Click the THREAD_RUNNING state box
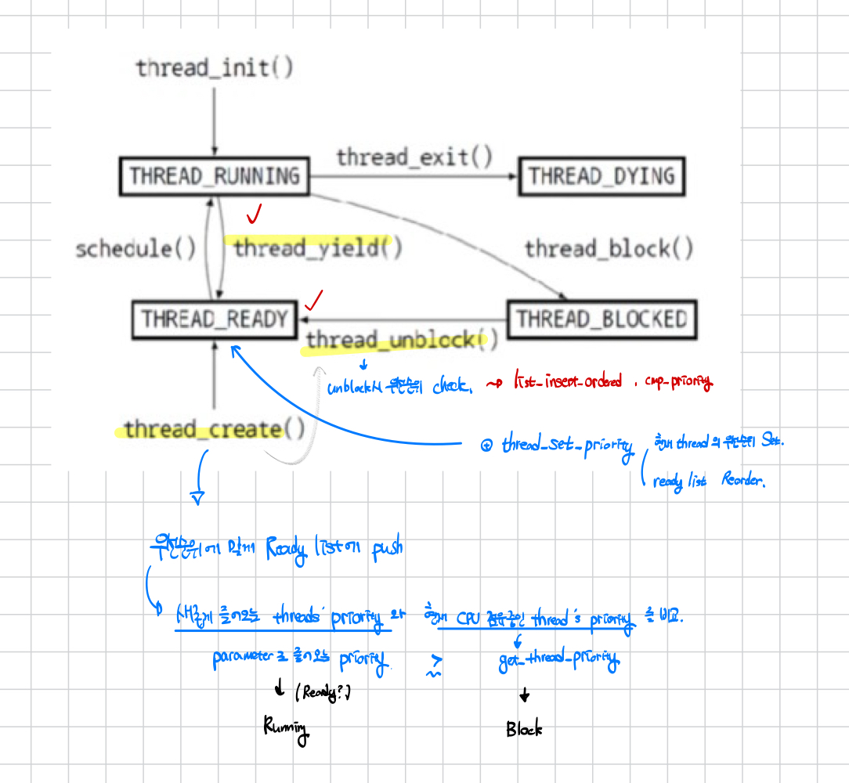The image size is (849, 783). [x=214, y=176]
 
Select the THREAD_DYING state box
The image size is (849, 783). [x=602, y=176]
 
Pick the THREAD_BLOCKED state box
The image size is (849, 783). [x=602, y=319]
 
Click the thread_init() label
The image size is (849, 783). [x=215, y=68]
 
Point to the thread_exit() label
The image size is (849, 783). [x=414, y=157]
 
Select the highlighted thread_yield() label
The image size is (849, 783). [x=317, y=248]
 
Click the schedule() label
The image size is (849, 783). [x=135, y=249]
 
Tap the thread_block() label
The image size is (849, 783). [x=609, y=249]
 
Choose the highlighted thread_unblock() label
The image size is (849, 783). [x=402, y=340]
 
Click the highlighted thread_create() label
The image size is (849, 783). [x=214, y=429]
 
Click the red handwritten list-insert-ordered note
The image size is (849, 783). [x=567, y=381]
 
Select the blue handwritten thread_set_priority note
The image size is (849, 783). [x=567, y=446]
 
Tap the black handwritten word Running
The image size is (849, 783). [x=287, y=727]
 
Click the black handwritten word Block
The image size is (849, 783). [x=524, y=729]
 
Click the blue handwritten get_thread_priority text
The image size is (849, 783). [x=558, y=662]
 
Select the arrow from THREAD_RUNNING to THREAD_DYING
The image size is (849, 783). [x=414, y=177]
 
